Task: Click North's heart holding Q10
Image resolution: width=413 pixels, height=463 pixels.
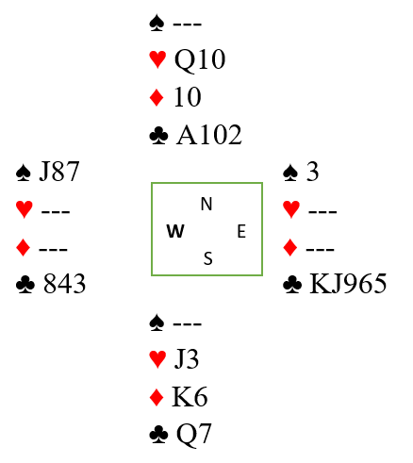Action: (200, 59)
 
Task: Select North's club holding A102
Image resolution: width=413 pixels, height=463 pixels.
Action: (209, 135)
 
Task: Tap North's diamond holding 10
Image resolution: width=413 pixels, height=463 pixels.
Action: (188, 97)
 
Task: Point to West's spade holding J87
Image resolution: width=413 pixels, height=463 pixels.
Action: (59, 172)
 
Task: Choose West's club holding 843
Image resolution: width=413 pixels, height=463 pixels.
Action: (64, 284)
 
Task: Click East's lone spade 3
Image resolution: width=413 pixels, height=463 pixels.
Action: (312, 172)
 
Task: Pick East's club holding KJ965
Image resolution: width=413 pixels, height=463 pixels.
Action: (348, 284)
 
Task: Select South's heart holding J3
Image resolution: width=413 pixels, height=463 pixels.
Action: (187, 359)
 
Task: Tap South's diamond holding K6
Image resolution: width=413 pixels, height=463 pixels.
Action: (190, 397)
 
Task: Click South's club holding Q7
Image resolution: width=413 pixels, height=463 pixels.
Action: (193, 435)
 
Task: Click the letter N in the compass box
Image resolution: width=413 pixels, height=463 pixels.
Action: (206, 204)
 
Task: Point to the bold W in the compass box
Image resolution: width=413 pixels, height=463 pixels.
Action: (175, 232)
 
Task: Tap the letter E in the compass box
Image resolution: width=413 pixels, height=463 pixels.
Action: (241, 232)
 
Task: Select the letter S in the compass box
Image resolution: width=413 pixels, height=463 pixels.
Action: (208, 258)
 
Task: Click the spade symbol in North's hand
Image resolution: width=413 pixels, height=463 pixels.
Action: (157, 24)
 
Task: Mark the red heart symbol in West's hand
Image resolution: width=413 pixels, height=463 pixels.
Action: (25, 209)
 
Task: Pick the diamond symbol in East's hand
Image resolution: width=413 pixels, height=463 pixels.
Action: (290, 247)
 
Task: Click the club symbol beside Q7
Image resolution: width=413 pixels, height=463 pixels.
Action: (158, 435)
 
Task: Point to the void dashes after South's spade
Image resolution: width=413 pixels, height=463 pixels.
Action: (188, 323)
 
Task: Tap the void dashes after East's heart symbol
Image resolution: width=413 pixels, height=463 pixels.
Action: (322, 211)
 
